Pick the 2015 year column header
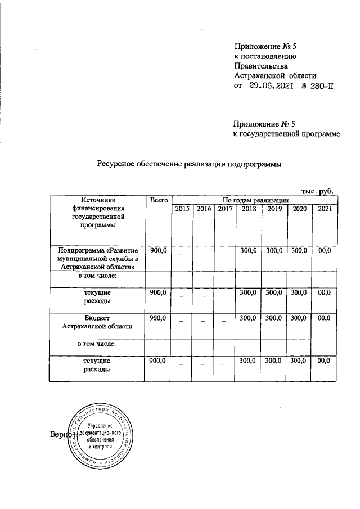pos(182,209)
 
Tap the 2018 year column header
pos(248,209)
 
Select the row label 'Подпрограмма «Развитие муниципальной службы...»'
pos(97,258)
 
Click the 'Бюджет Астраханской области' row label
pos(97,322)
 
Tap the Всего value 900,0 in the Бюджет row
pos(158,318)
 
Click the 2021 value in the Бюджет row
pos(324,318)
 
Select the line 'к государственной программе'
pos(287,133)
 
